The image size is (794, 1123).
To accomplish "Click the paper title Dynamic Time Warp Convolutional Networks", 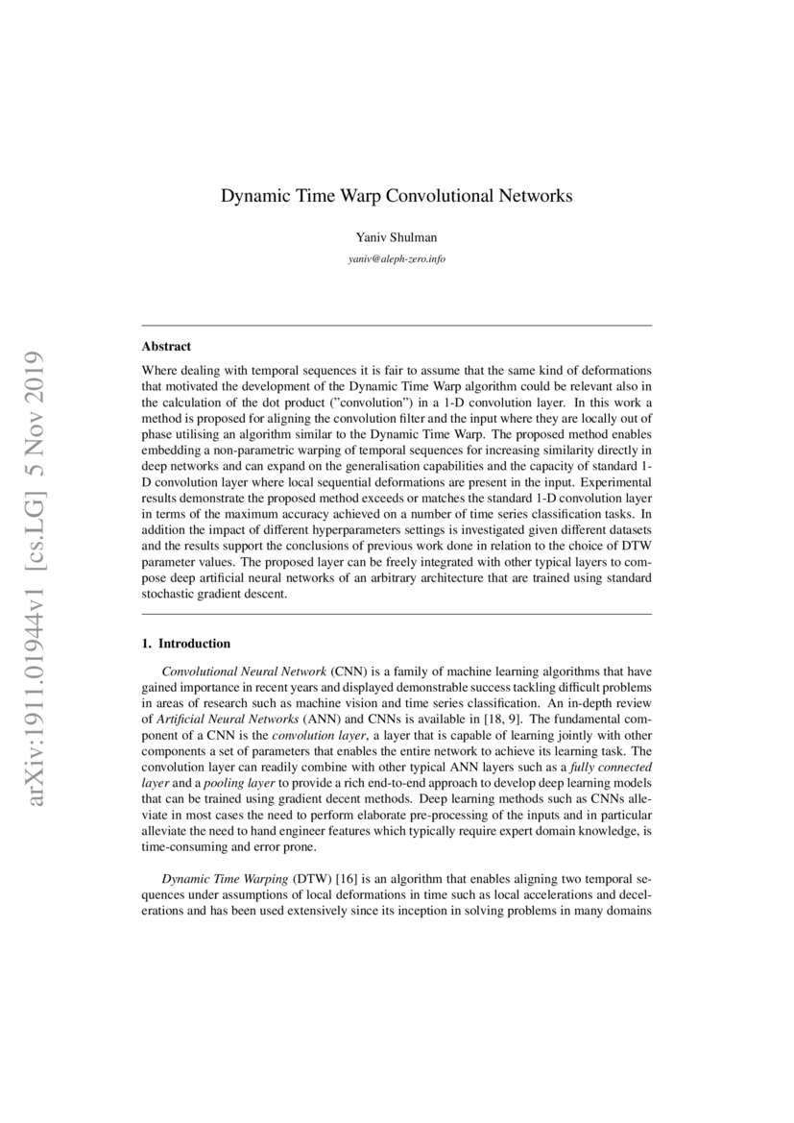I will click(397, 196).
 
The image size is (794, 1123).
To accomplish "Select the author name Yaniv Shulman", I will click(397, 239).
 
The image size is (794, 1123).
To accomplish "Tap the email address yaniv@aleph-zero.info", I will click(397, 259).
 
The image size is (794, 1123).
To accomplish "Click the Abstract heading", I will click(166, 346).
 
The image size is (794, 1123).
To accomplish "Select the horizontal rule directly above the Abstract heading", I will click(397, 326).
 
